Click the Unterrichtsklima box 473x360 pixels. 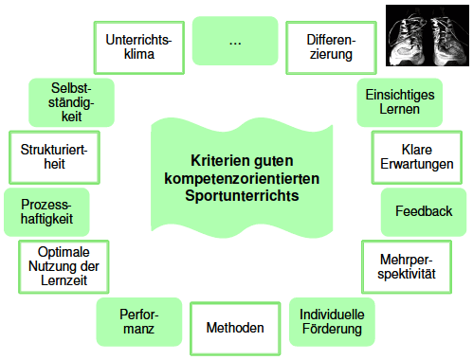click(x=139, y=47)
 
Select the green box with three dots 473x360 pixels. click(x=235, y=41)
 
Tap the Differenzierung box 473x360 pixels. click(x=331, y=47)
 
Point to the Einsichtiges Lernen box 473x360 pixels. click(x=400, y=102)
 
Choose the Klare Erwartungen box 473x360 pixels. click(x=417, y=157)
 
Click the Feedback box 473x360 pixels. click(x=424, y=212)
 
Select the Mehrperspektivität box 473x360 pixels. click(x=407, y=267)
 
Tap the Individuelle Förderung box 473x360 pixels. click(x=332, y=322)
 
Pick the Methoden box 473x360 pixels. click(x=235, y=329)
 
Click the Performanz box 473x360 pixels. click(x=139, y=322)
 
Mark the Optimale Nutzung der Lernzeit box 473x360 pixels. click(x=64, y=267)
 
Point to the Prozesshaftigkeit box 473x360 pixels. click(x=46, y=212)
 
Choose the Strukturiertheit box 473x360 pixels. click(x=54, y=157)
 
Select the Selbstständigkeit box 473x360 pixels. click(x=71, y=102)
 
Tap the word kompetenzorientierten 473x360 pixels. click(x=242, y=179)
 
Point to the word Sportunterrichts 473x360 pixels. click(x=242, y=196)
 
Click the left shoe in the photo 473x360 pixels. click(x=408, y=40)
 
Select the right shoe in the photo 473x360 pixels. click(x=447, y=40)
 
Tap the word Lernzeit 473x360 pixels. click(x=64, y=280)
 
